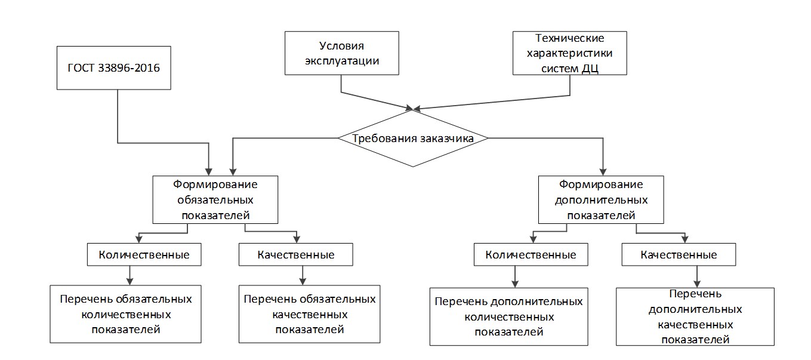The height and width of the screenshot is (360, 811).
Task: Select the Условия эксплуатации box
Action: [x=341, y=53]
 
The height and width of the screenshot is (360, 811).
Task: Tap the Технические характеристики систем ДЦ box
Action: [x=569, y=53]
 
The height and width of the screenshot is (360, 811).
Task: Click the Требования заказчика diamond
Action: [x=413, y=139]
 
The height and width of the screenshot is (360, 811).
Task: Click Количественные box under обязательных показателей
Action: [x=144, y=255]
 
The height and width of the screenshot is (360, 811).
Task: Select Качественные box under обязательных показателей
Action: [x=296, y=255]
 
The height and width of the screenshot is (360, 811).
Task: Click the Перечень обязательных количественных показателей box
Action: [x=125, y=314]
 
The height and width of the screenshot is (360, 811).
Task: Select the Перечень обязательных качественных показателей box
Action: [x=309, y=314]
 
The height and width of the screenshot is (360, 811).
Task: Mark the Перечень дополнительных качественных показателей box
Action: [x=695, y=317]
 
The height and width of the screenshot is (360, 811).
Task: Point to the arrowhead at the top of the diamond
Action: [x=411, y=109]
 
